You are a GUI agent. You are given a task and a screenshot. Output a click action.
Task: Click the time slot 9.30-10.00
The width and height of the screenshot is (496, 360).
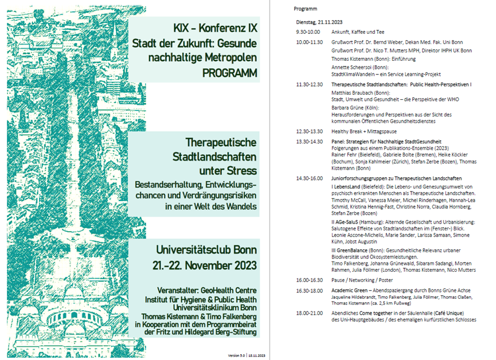(308, 32)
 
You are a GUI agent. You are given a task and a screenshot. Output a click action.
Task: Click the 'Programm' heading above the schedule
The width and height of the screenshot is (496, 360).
(305, 9)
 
